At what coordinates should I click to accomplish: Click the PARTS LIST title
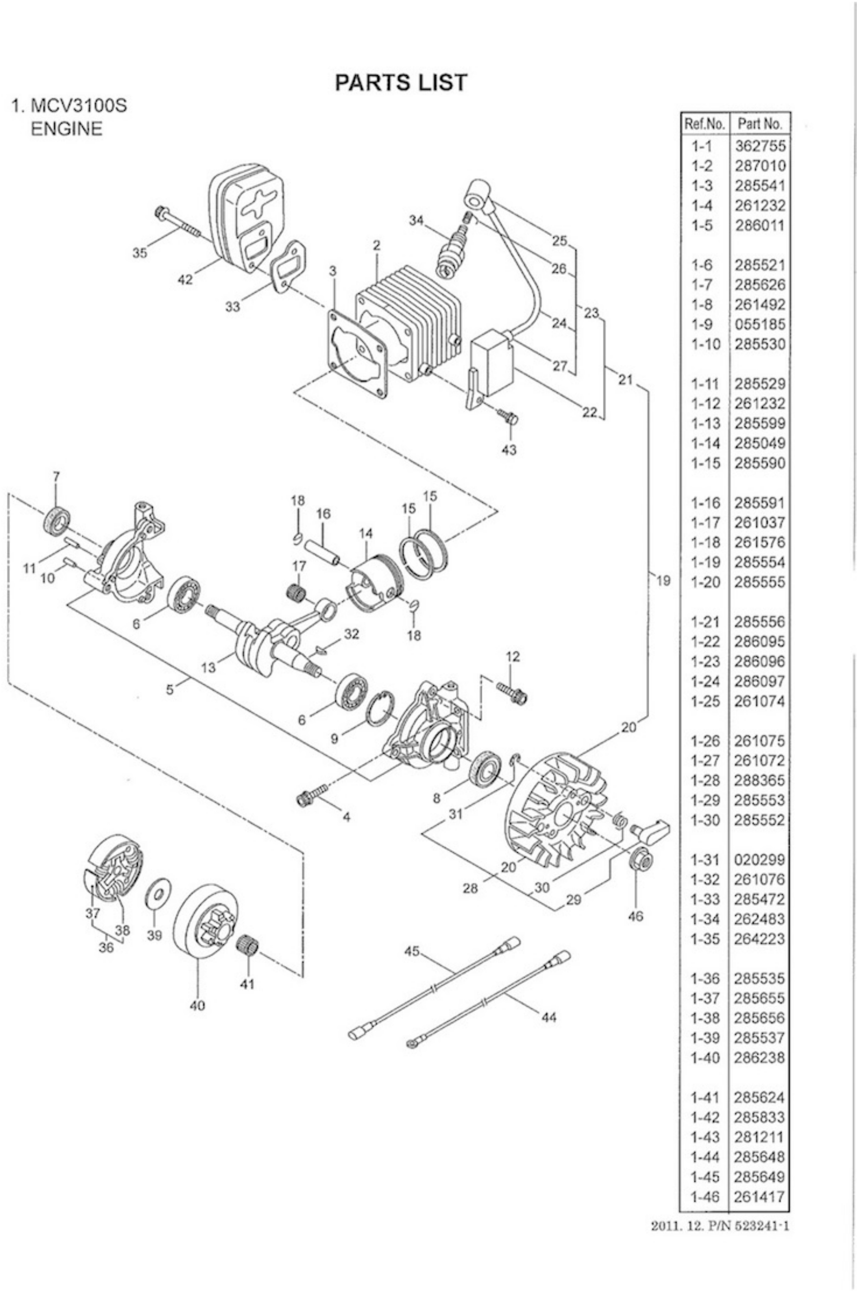click(401, 83)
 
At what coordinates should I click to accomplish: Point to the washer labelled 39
click(159, 895)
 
